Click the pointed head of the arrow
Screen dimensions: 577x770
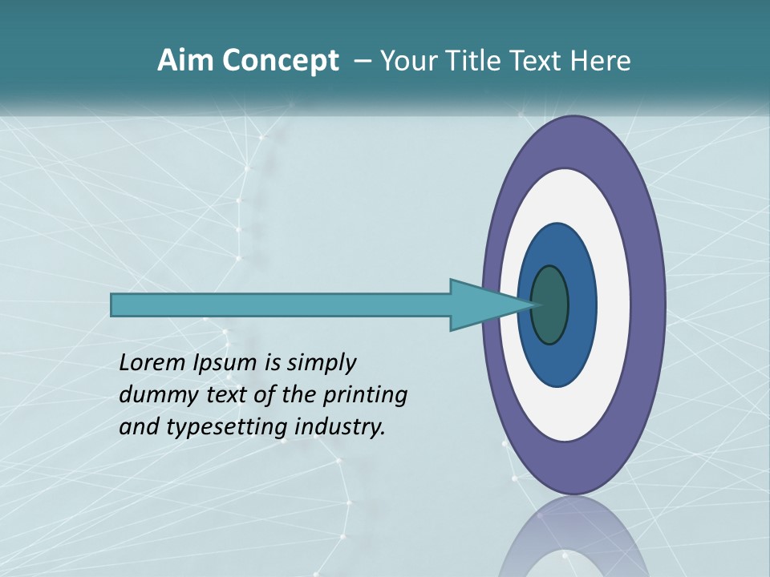coord(489,305)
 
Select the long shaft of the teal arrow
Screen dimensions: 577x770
coord(281,305)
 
